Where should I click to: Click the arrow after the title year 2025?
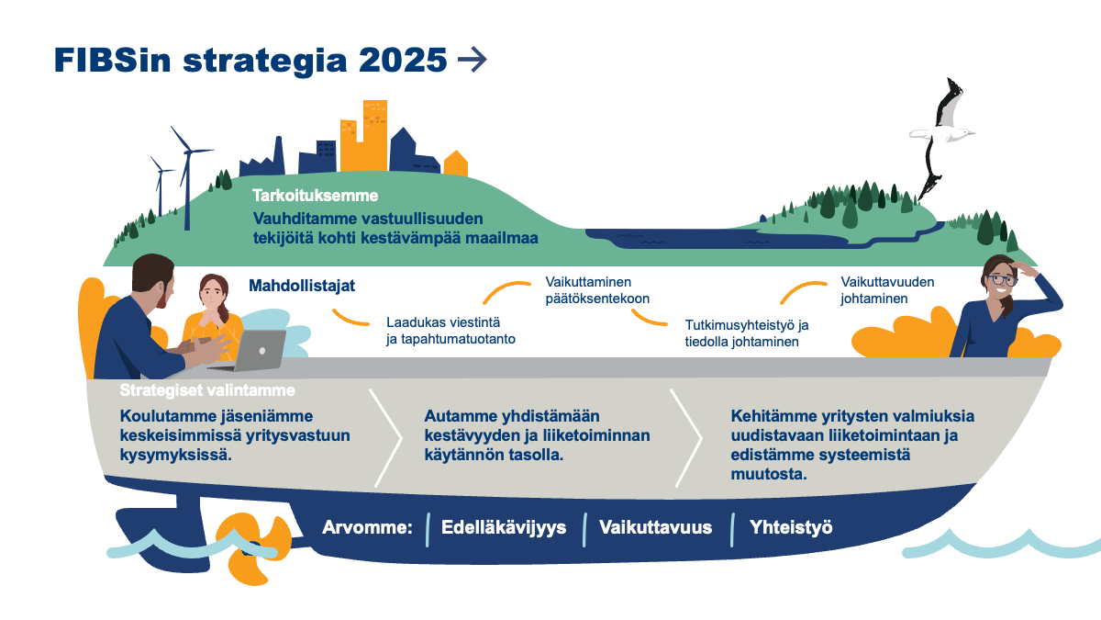pyautogui.click(x=472, y=60)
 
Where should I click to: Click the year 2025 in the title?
pyautogui.click(x=403, y=60)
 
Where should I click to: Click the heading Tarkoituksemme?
pyautogui.click(x=316, y=196)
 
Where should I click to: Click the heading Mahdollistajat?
pyautogui.click(x=302, y=286)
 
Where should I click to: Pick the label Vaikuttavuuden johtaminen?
pyautogui.click(x=887, y=290)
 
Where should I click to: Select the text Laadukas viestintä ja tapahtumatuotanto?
pyautogui.click(x=450, y=330)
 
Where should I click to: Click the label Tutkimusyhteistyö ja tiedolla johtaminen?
pyautogui.click(x=747, y=333)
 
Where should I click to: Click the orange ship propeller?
pyautogui.click(x=253, y=547)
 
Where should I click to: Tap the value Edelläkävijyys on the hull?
pyautogui.click(x=504, y=527)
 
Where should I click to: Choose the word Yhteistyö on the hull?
pyautogui.click(x=791, y=527)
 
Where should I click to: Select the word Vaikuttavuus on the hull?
pyautogui.click(x=655, y=527)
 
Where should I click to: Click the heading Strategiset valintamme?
pyautogui.click(x=207, y=390)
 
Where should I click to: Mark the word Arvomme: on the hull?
pyautogui.click(x=367, y=527)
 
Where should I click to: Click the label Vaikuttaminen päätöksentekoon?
pyautogui.click(x=597, y=290)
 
